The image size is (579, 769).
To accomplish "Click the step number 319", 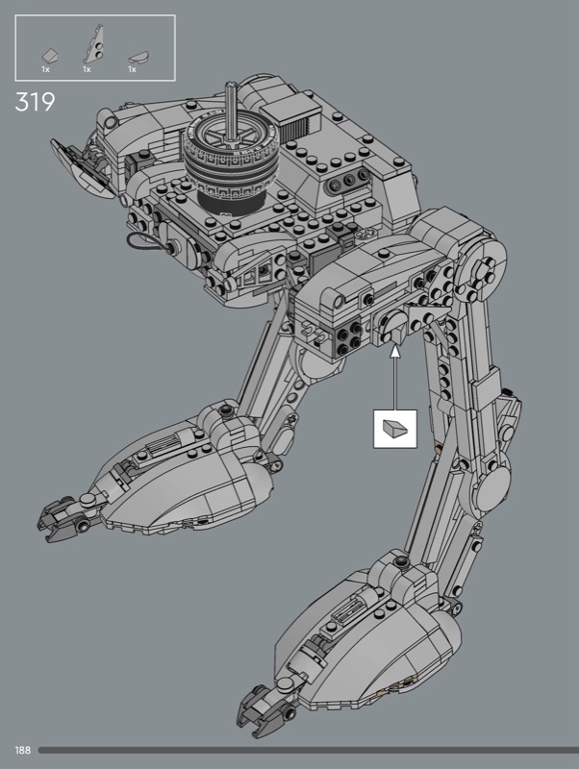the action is [x=35, y=102].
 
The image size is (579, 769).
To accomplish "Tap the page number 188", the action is [x=22, y=750].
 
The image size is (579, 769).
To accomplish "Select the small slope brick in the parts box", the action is [x=50, y=55].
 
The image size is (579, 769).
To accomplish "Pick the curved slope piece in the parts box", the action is [x=138, y=57].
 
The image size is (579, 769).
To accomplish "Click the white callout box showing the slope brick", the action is [x=395, y=429].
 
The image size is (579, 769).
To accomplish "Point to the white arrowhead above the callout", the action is [x=395, y=352].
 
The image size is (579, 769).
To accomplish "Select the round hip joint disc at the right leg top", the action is [x=481, y=267].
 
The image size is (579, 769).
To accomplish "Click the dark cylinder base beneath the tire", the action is [x=231, y=200].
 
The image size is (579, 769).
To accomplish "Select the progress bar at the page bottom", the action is [x=308, y=750].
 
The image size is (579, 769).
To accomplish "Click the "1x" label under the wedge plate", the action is [x=87, y=69].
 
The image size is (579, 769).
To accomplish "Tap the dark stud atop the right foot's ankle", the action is [x=402, y=561].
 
